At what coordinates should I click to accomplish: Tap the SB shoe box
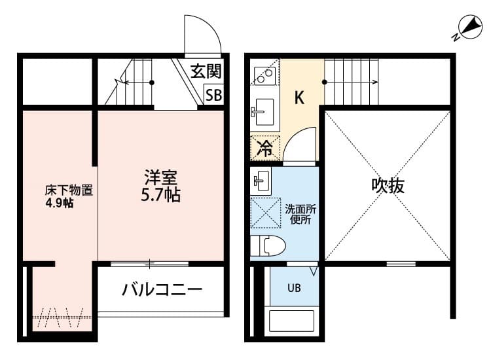[213, 94]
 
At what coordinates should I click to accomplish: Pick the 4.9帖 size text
[59, 203]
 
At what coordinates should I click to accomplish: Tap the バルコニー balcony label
[162, 289]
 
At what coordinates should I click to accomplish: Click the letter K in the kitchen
[299, 98]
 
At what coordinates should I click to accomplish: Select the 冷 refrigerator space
[265, 149]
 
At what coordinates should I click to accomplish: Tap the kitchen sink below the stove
[264, 112]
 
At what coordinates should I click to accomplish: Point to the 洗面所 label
[300, 209]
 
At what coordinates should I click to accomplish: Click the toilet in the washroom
[268, 246]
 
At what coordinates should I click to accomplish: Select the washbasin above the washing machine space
[261, 179]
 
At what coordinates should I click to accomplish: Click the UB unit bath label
[295, 287]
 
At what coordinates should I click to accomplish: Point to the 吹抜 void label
[388, 186]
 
